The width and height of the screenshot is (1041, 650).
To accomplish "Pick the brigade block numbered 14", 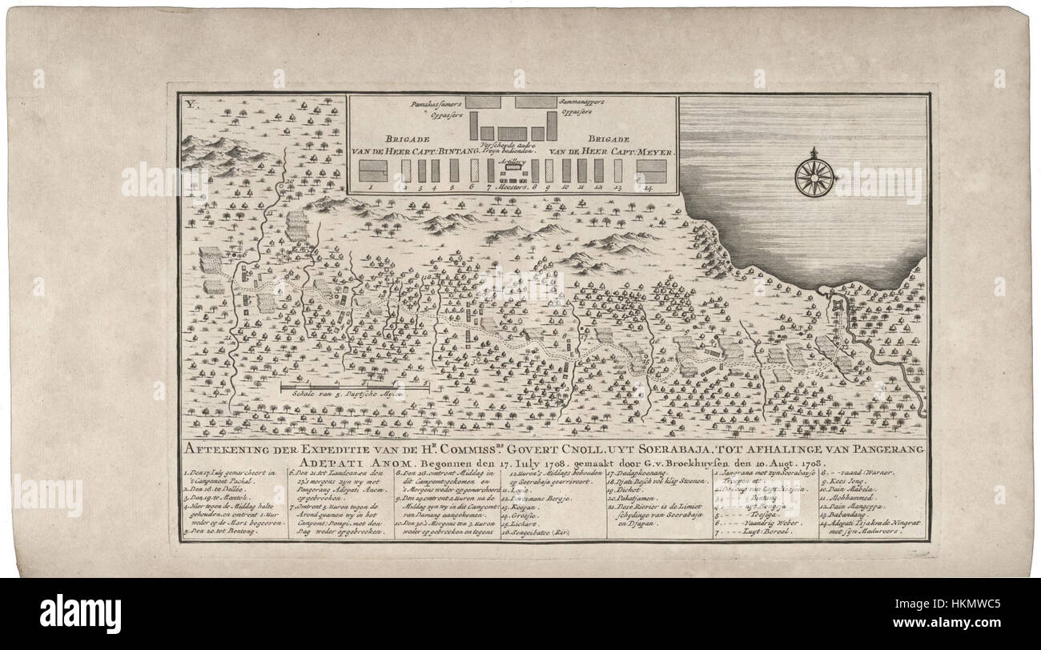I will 651,171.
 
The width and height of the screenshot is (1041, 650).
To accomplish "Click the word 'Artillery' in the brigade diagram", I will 510,160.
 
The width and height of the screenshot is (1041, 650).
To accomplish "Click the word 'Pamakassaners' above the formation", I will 418,104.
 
